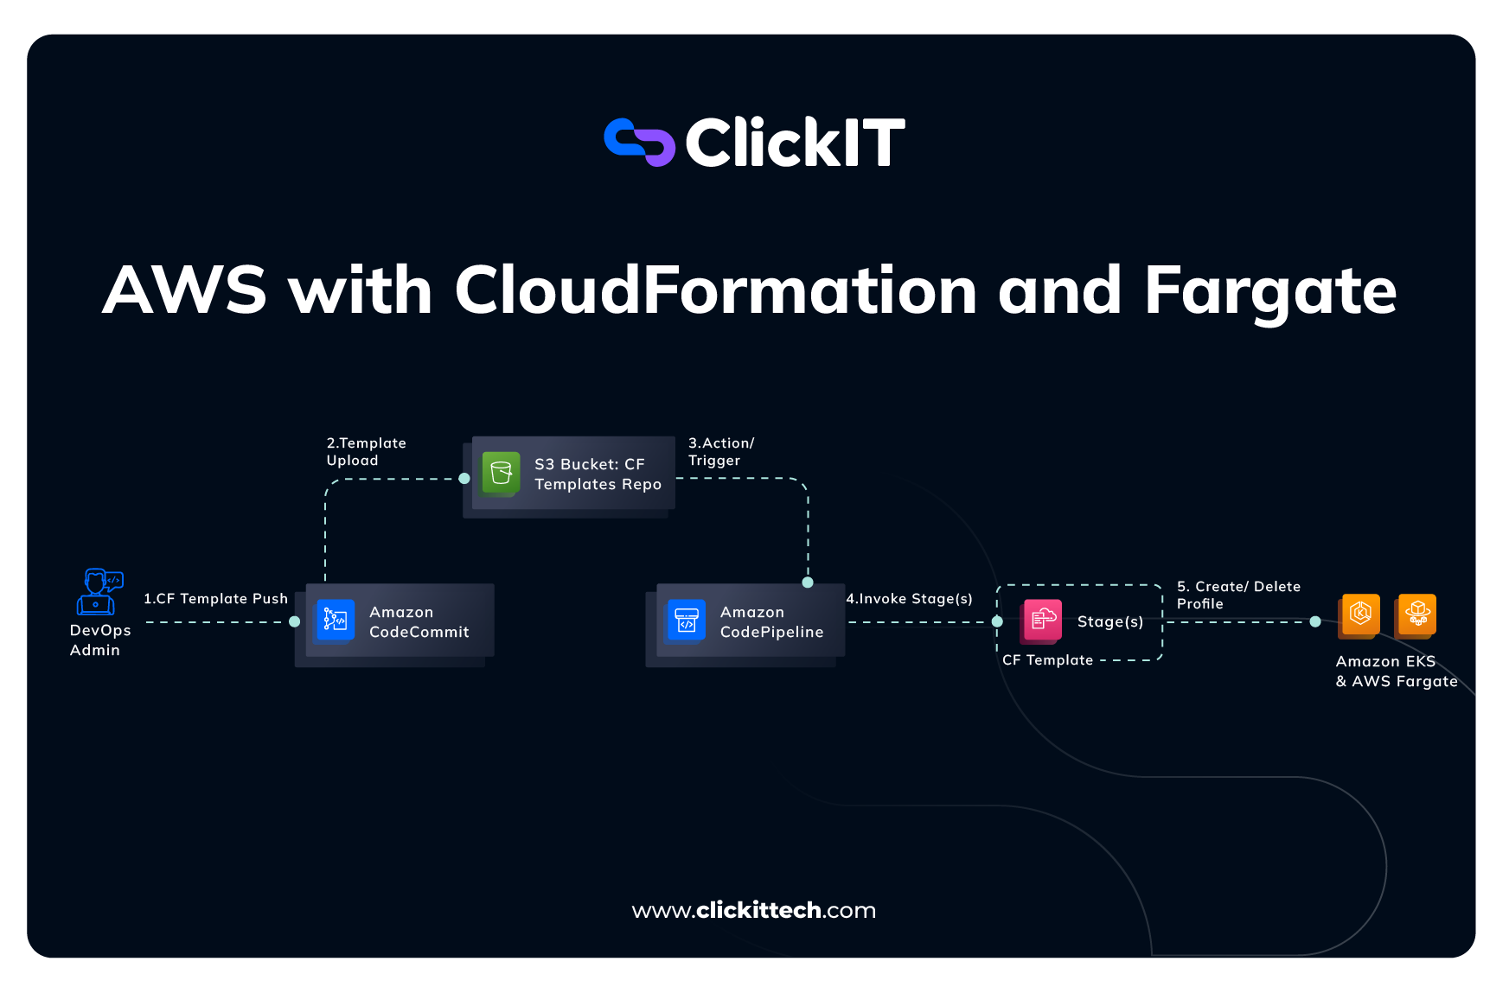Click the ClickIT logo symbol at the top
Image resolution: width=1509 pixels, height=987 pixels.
(639, 142)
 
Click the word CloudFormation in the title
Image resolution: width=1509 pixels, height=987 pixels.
(715, 290)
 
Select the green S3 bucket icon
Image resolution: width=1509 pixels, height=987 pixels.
(501, 473)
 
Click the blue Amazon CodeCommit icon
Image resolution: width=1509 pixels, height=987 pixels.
(335, 621)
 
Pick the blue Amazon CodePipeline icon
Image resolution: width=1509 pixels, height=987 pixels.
(686, 621)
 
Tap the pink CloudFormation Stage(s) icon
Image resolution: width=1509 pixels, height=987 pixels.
(1042, 621)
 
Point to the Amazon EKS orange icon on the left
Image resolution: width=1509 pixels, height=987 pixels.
(1359, 614)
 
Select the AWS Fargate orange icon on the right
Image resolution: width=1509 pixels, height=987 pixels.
(1416, 614)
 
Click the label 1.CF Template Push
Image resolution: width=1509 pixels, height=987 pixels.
(215, 598)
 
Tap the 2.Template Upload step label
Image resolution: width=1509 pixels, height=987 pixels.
(366, 451)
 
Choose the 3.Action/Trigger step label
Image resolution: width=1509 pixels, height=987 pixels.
(721, 451)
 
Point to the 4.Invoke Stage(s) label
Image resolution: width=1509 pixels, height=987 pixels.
(909, 598)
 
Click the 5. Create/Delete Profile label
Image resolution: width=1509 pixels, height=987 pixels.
(1238, 595)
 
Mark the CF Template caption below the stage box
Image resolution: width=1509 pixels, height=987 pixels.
(1047, 659)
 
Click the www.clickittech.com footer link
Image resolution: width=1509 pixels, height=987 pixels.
(754, 910)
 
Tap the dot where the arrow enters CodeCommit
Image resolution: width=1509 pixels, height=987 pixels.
(295, 621)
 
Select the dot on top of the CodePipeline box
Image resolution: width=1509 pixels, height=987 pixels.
(808, 583)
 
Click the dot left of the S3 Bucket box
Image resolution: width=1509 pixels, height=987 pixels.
(464, 478)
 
